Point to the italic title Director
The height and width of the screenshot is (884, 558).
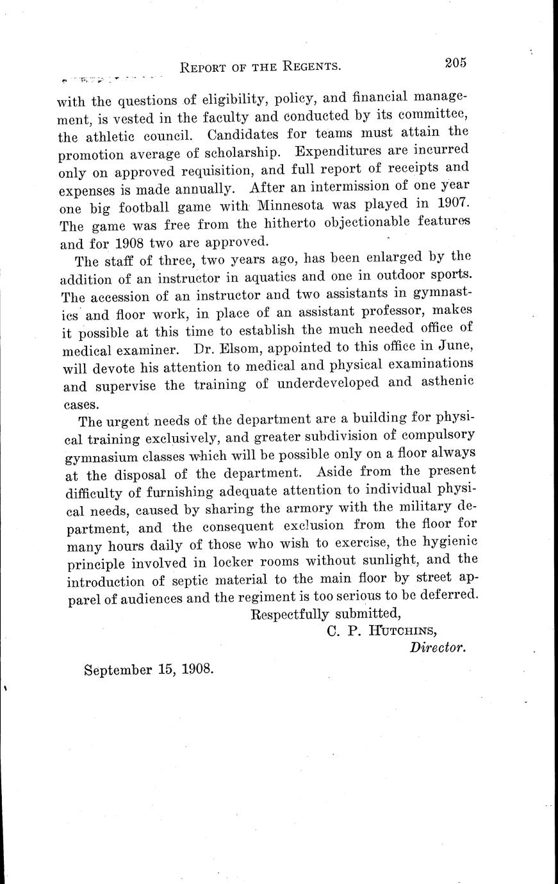point(438,648)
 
